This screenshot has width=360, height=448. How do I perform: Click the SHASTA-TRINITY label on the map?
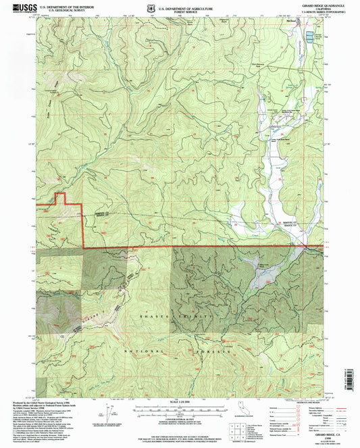184,316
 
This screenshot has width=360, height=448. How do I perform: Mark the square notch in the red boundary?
59,199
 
